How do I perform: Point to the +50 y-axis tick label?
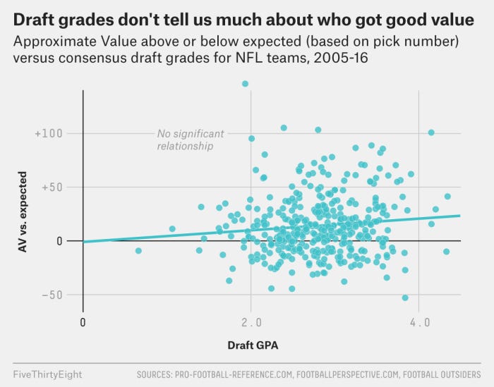[51, 188]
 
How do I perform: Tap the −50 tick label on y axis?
[51, 295]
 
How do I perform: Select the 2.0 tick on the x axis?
[251, 322]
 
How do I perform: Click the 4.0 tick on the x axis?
[419, 322]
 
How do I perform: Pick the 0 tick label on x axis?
[83, 322]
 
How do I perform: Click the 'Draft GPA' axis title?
[252, 346]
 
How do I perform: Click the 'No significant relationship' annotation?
[190, 140]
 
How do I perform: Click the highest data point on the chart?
[245, 84]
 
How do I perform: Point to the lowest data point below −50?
[405, 297]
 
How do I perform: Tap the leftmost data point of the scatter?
[138, 250]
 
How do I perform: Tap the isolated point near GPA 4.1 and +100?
[431, 133]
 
